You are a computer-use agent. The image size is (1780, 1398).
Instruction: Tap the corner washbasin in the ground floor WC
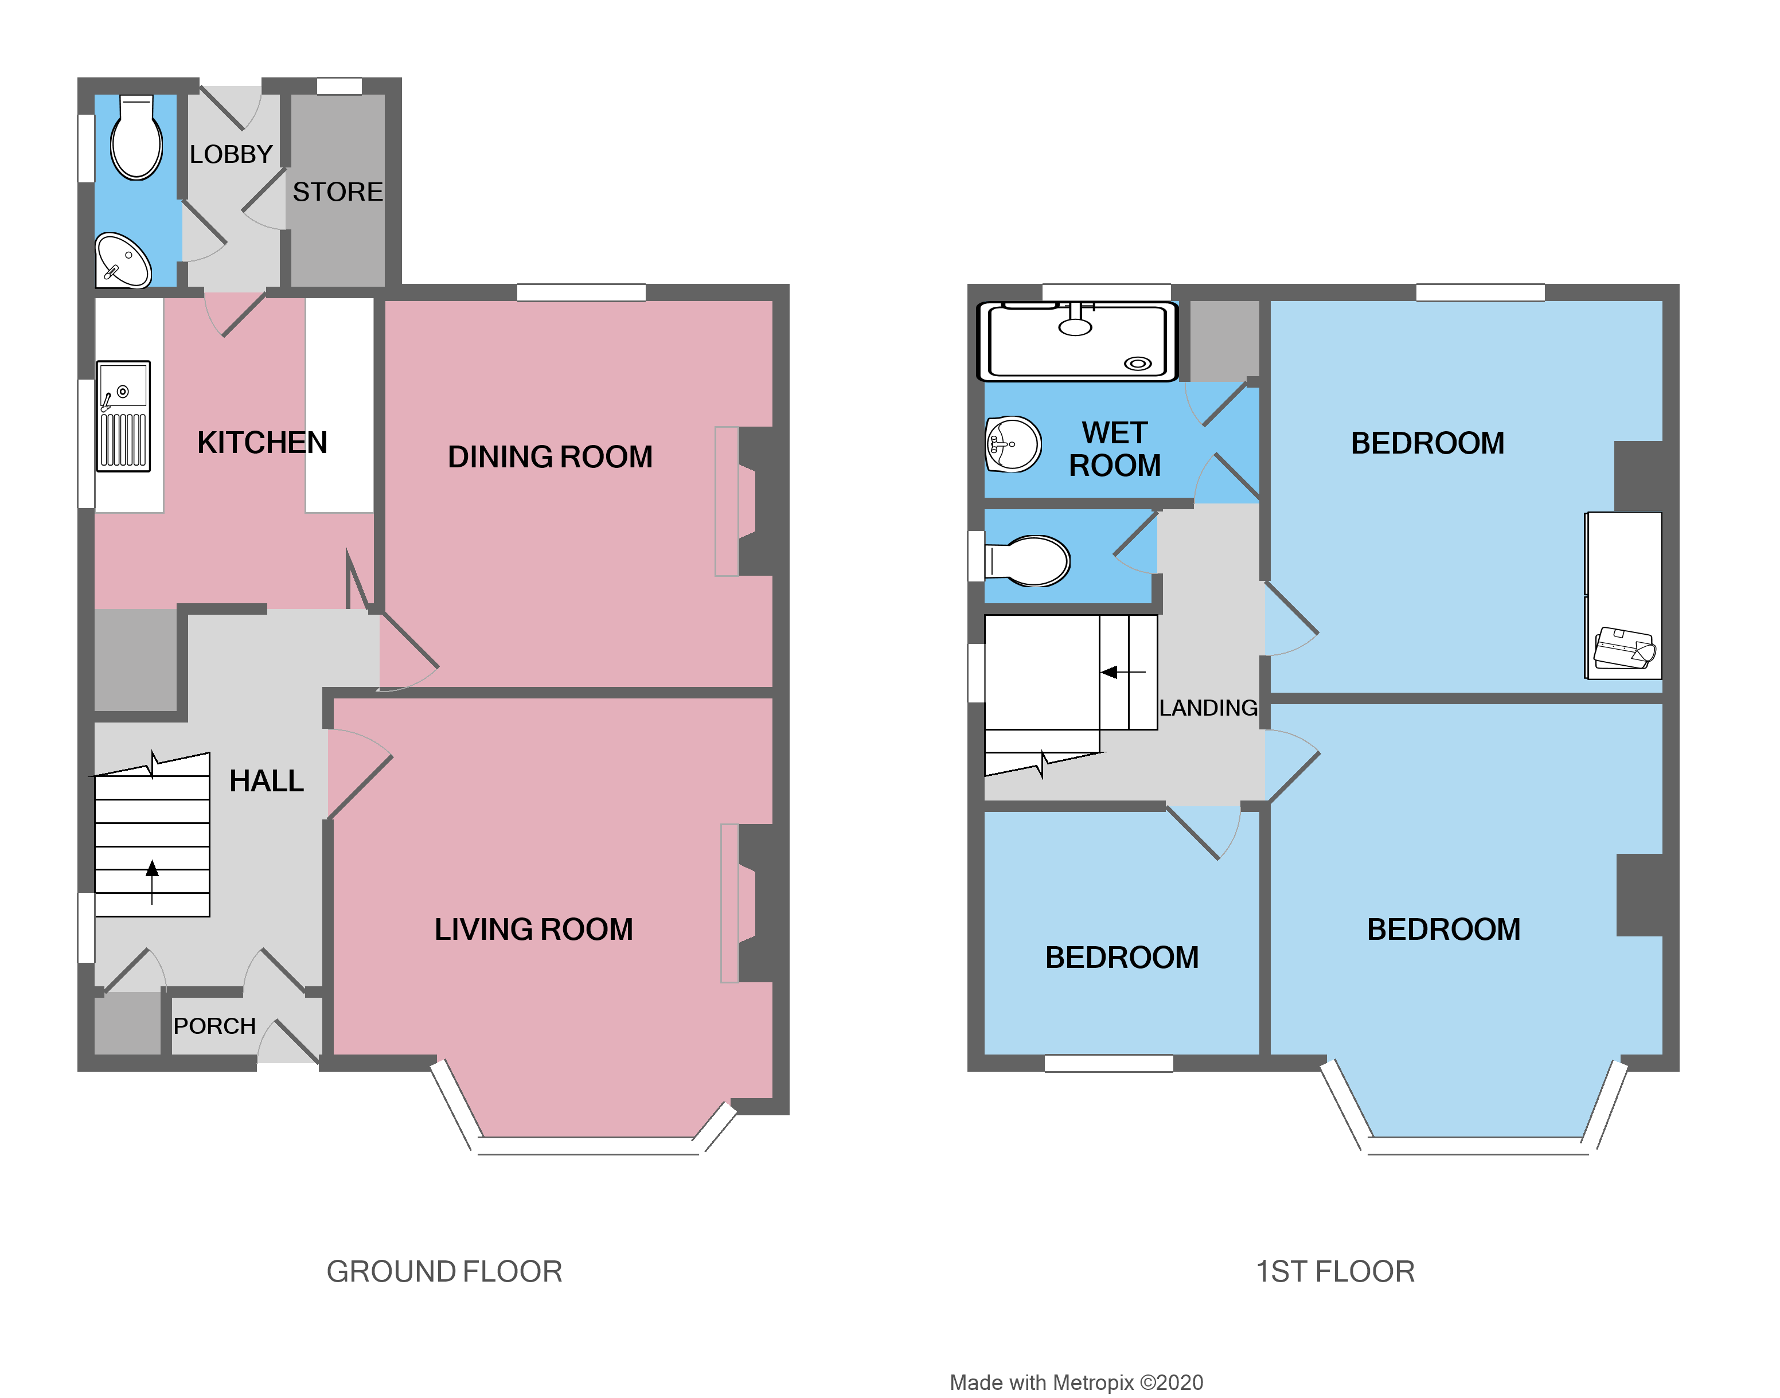click(123, 261)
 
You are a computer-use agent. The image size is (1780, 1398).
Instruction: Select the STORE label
click(337, 192)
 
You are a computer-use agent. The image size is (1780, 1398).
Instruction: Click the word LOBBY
click(231, 155)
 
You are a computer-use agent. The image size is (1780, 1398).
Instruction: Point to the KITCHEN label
click(262, 443)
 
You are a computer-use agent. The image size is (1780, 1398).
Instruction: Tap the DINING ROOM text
click(550, 456)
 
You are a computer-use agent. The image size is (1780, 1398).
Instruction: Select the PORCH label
click(214, 1026)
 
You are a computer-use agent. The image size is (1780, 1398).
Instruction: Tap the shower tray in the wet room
click(1077, 341)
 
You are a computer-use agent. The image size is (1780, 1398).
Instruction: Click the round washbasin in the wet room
click(1013, 444)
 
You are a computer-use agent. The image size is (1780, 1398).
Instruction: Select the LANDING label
click(1208, 708)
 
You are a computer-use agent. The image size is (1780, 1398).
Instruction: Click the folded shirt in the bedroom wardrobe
click(1625, 649)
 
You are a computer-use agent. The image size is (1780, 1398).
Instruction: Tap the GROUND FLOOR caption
click(444, 1272)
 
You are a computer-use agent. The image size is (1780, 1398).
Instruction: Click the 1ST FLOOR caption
click(1335, 1272)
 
